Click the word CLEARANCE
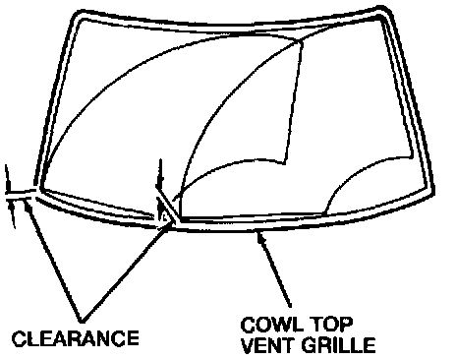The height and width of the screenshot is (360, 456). (x=76, y=338)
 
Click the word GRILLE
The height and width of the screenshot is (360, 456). (x=338, y=345)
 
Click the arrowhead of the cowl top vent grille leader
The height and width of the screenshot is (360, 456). (x=260, y=237)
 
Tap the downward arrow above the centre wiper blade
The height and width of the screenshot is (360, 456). (x=160, y=174)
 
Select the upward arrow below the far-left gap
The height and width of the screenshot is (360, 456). (x=13, y=214)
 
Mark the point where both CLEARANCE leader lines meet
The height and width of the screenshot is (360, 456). (x=81, y=321)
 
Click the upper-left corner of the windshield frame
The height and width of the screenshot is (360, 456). (x=75, y=14)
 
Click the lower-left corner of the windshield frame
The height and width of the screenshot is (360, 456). (x=38, y=190)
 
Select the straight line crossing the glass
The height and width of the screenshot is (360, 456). (x=293, y=102)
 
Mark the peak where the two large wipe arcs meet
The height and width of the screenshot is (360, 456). (x=300, y=41)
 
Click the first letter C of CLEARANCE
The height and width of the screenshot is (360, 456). (x=19, y=338)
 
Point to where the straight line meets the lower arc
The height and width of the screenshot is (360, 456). (x=284, y=163)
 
